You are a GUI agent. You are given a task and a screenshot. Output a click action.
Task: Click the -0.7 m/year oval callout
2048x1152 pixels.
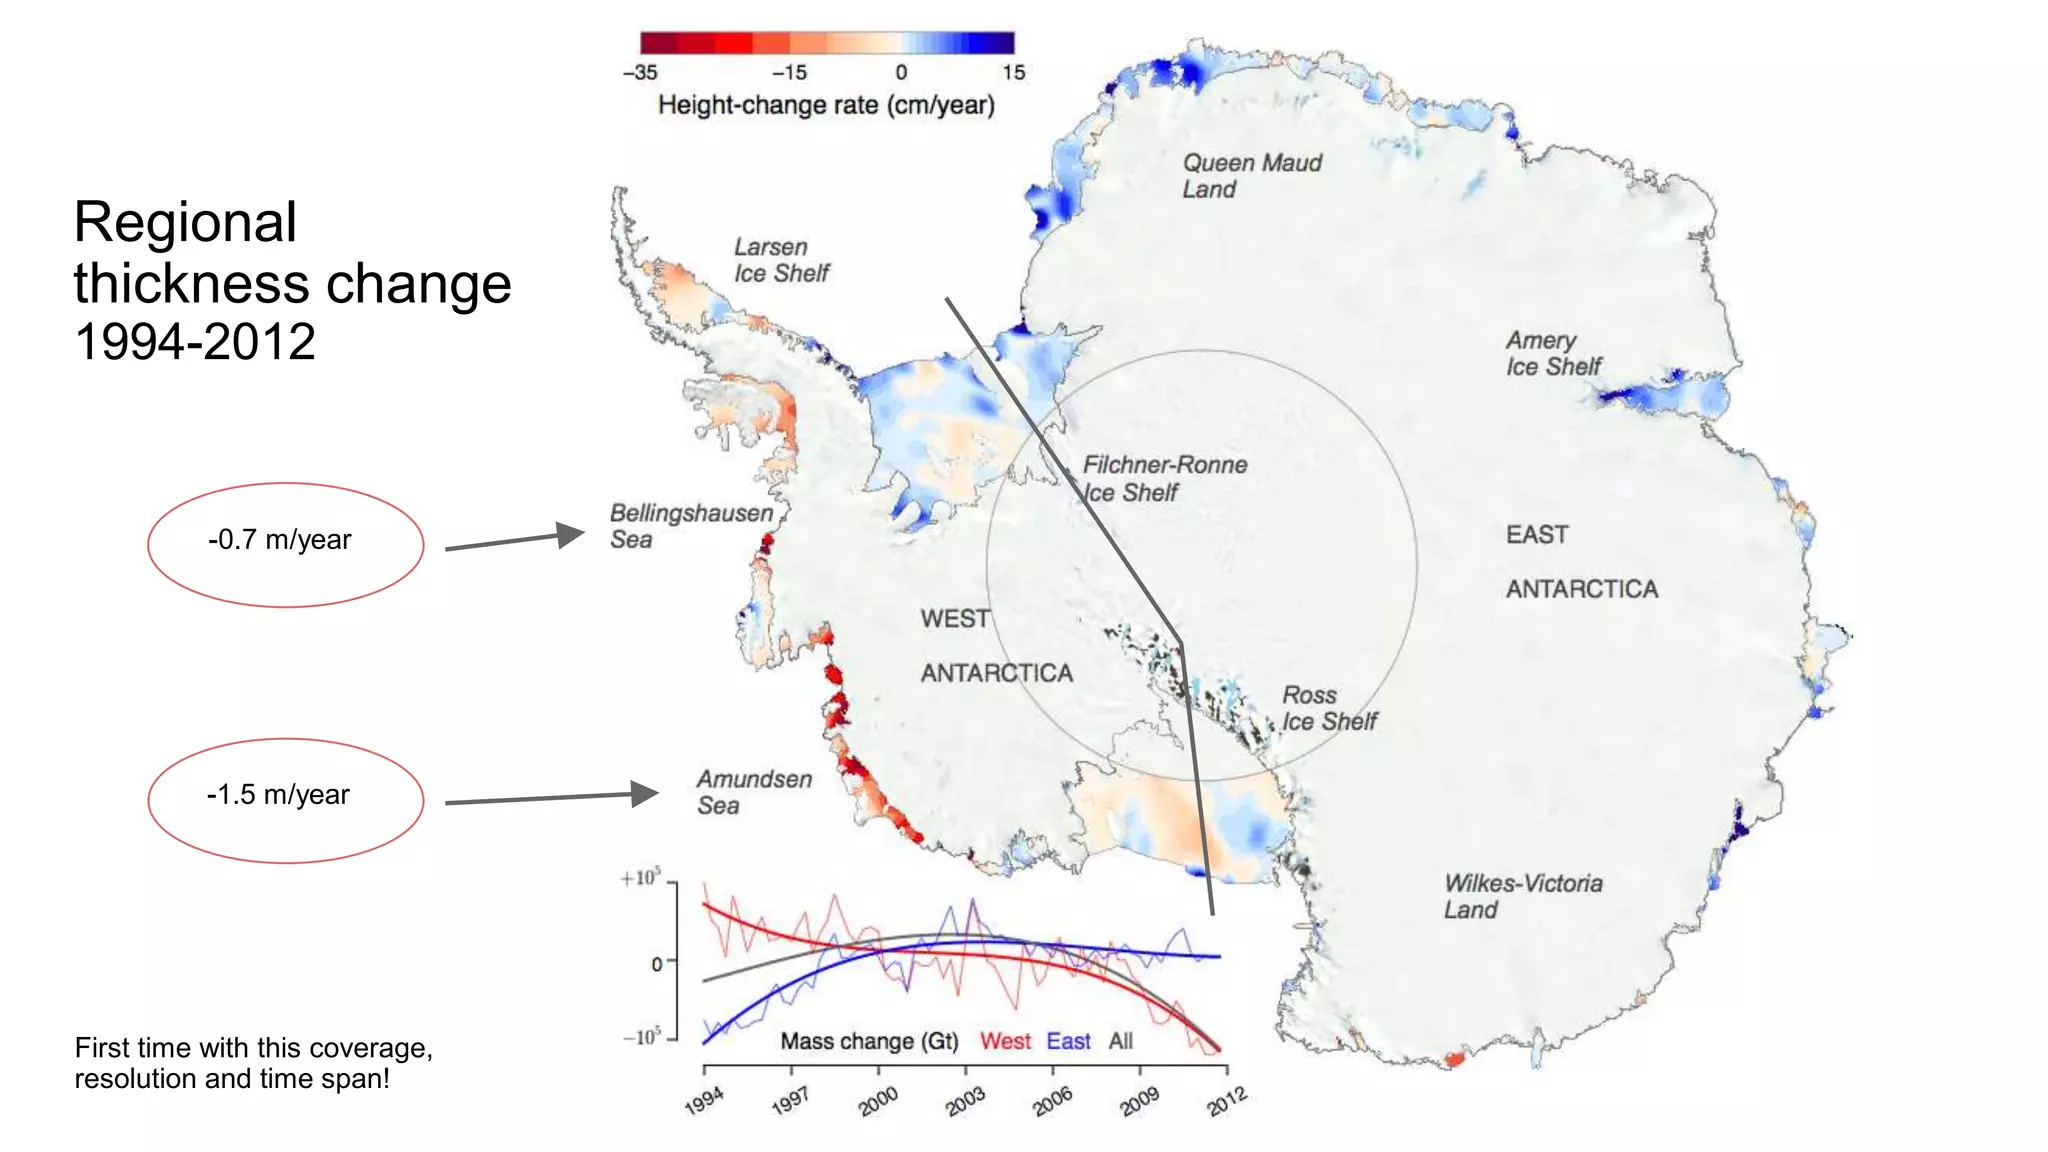[x=285, y=544]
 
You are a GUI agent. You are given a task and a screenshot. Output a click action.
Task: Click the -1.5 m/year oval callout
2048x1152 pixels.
[x=285, y=799]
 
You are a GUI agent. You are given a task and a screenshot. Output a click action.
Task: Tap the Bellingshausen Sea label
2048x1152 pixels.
[x=691, y=526]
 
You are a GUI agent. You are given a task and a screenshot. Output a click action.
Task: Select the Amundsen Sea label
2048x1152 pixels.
[x=754, y=792]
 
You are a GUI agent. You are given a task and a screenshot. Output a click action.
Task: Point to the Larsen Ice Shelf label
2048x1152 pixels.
[x=781, y=260]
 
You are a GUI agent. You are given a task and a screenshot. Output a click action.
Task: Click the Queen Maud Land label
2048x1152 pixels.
[x=1251, y=176]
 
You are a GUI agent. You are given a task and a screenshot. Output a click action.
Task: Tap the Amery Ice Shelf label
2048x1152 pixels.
[x=1553, y=354]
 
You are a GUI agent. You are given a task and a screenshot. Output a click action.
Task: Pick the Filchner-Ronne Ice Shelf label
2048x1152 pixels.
[x=1164, y=478]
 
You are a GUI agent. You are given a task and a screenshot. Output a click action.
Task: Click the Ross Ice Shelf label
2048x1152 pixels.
[x=1328, y=708]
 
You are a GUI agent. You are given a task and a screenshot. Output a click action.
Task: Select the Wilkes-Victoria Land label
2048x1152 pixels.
[x=1522, y=896]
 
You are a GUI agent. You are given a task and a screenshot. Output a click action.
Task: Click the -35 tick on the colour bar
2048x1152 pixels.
[x=640, y=73]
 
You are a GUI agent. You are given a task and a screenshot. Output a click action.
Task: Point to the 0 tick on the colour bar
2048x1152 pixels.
[x=901, y=73]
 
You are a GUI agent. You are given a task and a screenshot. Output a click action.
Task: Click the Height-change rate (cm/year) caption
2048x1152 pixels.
[x=826, y=105]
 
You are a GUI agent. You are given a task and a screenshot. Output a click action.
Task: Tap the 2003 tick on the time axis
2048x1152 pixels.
[x=965, y=1100]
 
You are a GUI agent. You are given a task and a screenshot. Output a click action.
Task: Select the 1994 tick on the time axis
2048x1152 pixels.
[x=704, y=1100]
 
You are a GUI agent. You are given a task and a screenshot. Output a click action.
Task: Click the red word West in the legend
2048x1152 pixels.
[x=1005, y=1041]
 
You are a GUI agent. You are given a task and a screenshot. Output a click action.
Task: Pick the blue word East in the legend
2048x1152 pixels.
[x=1068, y=1041]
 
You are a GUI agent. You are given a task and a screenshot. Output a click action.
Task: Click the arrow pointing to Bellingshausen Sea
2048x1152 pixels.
[x=514, y=540]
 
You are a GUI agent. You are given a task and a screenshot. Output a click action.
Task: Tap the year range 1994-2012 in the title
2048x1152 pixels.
[x=195, y=342]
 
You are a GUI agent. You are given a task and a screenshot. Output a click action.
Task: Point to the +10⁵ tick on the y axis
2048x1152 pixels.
[x=640, y=878]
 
